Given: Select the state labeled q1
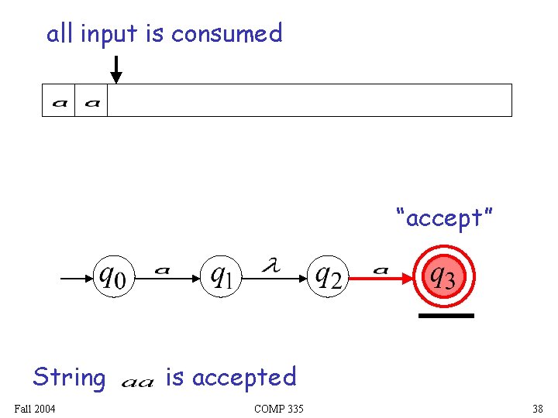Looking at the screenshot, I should click(222, 276).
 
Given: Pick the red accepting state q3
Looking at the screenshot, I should click(443, 276).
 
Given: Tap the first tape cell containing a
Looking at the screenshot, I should click(59, 101).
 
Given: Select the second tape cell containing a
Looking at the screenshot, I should click(91, 101).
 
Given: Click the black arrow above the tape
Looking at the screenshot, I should click(115, 69).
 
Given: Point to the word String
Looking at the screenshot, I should click(69, 378).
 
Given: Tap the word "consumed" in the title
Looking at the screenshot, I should click(227, 33).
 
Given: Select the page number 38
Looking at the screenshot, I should click(537, 409).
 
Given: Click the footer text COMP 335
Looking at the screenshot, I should click(278, 409).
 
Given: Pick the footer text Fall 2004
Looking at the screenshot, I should click(35, 409).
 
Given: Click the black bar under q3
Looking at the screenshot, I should click(446, 316).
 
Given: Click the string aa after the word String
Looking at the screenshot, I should click(138, 381).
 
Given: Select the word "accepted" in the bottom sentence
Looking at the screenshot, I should click(243, 378).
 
